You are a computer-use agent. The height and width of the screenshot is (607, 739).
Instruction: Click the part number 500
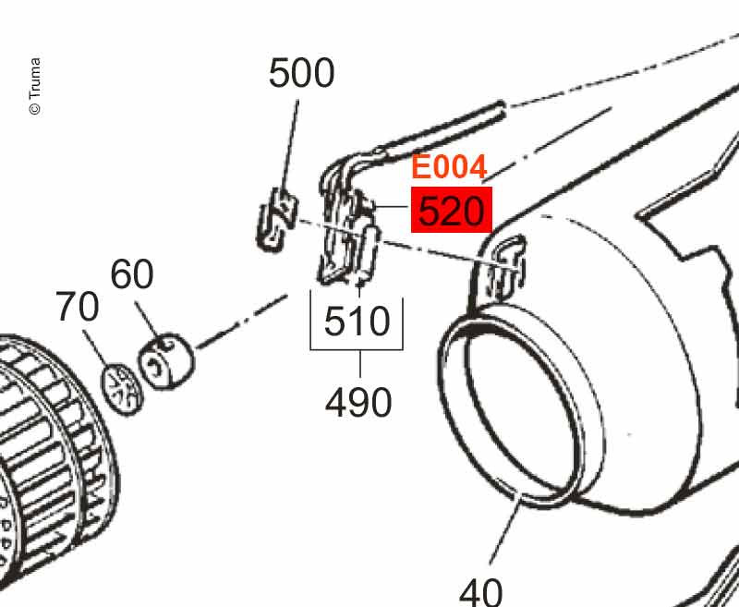tap(301, 73)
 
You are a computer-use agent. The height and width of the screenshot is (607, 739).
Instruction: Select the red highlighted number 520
tap(451, 212)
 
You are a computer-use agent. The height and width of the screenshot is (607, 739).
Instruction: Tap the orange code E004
tap(448, 168)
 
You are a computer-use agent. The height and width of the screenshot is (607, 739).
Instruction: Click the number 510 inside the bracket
tap(357, 322)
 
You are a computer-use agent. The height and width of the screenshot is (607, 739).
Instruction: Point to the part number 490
tap(358, 402)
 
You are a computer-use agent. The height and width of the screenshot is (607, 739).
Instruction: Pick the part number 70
tap(77, 308)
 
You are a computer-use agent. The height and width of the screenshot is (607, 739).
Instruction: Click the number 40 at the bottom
tap(480, 590)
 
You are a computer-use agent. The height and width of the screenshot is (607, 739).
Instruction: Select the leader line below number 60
tap(149, 319)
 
